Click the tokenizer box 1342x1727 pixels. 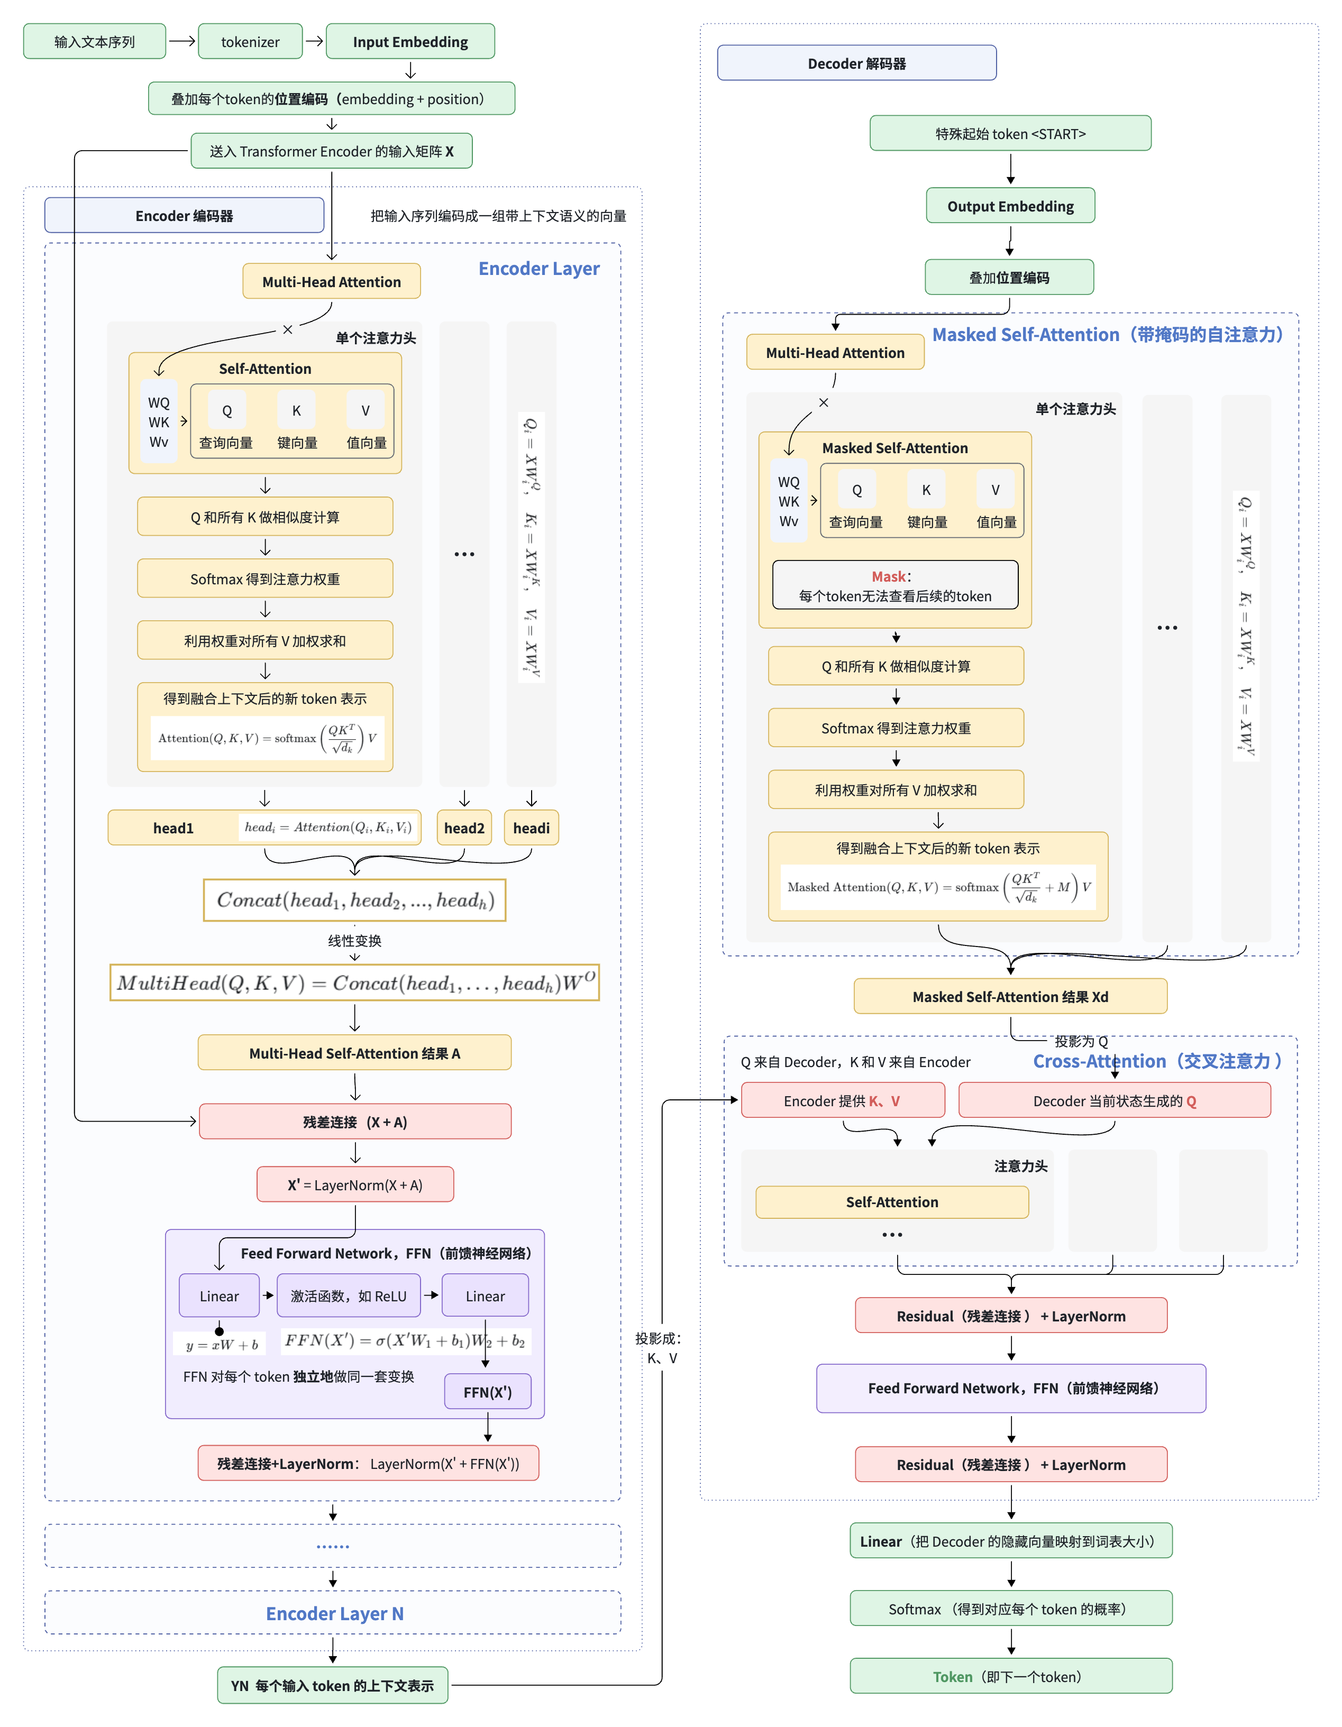pyautogui.click(x=250, y=41)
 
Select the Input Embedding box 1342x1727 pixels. pyautogui.click(x=410, y=41)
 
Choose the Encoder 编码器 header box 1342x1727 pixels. pyautogui.click(x=184, y=215)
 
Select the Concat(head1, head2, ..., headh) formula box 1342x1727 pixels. pyautogui.click(x=355, y=901)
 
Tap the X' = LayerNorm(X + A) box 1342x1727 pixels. pyautogui.click(x=355, y=1184)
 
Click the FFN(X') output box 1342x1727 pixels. pyautogui.click(x=487, y=1392)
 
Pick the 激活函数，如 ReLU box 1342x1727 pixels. pyautogui.click(x=349, y=1296)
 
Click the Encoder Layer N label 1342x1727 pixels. pyautogui.click(x=334, y=1613)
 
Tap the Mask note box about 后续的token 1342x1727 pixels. pyautogui.click(x=895, y=585)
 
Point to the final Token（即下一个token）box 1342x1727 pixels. pyautogui.click(x=1011, y=1676)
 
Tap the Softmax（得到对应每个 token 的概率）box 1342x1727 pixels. pyautogui.click(x=1011, y=1609)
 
